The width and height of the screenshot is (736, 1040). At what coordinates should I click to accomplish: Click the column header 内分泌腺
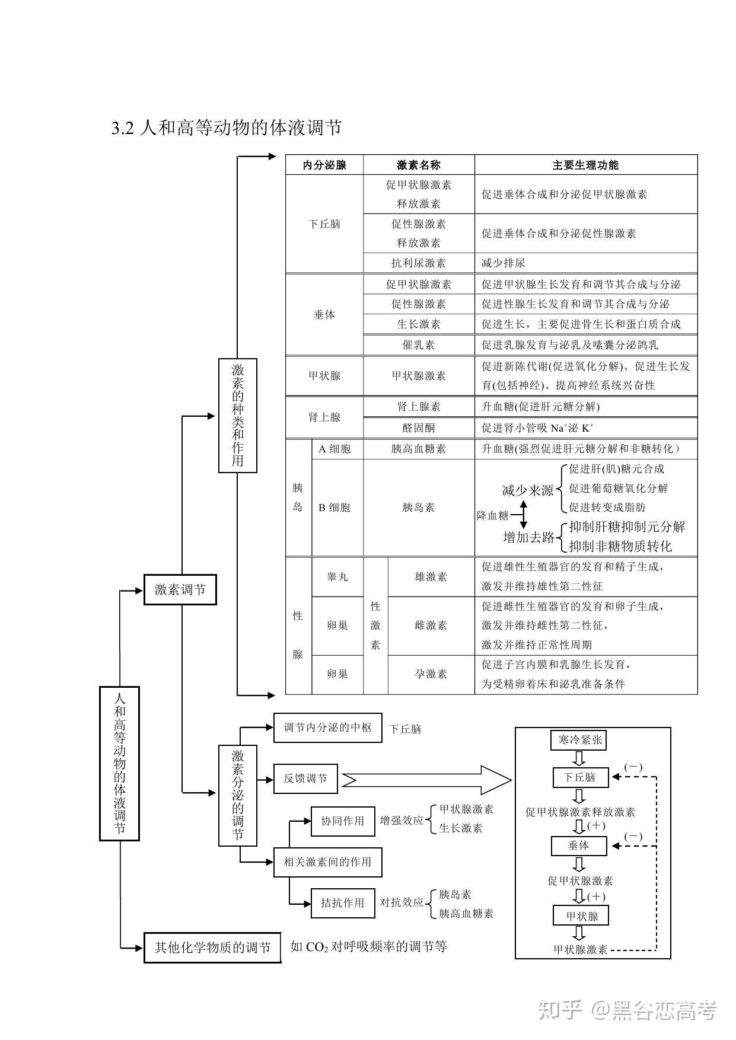pos(324,165)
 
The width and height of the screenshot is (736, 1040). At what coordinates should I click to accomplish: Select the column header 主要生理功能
pos(585,165)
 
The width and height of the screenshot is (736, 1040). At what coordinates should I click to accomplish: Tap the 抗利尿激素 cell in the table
pos(419,263)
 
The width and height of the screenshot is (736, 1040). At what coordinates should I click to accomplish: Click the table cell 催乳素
pos(419,344)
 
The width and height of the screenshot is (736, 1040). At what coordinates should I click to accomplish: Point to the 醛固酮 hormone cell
pos(419,428)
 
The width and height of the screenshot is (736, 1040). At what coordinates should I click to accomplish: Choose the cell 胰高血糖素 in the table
pos(419,449)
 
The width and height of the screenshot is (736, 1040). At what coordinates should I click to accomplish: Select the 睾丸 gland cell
pos(337,576)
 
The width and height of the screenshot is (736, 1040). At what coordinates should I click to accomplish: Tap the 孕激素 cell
pos(431,674)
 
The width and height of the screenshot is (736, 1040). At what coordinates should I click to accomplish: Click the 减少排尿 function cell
pos(585,263)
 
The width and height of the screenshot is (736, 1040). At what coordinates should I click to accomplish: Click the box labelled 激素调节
pos(180,589)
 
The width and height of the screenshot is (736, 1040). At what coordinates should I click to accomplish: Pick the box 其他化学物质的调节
pos(212,948)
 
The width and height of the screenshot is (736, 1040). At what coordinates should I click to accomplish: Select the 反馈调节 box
pos(305,779)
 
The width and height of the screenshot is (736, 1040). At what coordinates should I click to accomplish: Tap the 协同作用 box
pos(343,821)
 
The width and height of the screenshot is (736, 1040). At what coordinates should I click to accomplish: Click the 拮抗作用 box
pos(343,903)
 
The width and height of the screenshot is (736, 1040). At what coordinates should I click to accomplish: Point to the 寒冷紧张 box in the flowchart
pos(580,740)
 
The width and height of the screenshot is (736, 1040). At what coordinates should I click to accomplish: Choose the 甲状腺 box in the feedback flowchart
pos(581,916)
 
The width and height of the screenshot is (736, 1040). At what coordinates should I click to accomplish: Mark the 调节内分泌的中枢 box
pos(327,728)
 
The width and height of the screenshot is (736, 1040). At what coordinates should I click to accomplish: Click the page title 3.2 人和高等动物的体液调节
pos(227,127)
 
